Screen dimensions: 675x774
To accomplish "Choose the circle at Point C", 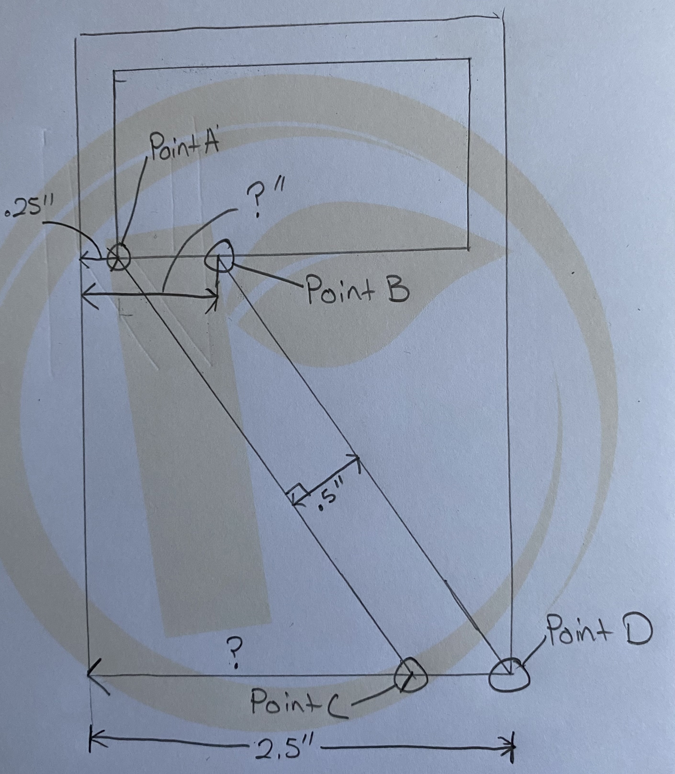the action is coord(411,676).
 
